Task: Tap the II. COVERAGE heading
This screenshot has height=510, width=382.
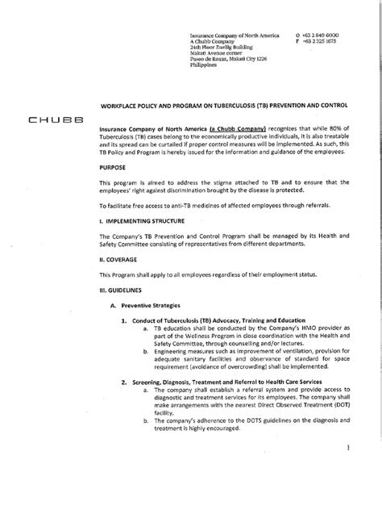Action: [117, 260]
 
